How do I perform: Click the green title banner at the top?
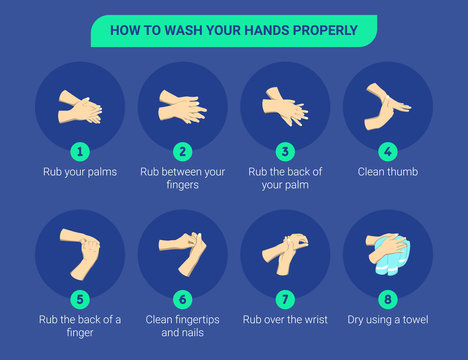click(x=233, y=30)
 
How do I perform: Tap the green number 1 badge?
click(x=79, y=151)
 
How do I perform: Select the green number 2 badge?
click(x=182, y=151)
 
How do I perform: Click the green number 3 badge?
click(x=285, y=151)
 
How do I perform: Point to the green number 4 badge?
click(x=388, y=151)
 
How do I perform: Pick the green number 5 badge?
click(x=79, y=298)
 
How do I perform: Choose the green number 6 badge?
click(x=182, y=298)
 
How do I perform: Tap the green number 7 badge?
click(x=285, y=298)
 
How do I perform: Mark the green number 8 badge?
click(x=388, y=298)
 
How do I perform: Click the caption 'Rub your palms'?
click(x=79, y=172)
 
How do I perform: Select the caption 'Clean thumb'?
click(x=388, y=172)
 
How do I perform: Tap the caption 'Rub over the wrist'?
click(x=285, y=319)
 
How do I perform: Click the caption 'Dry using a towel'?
click(x=388, y=319)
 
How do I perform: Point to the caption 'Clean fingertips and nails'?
click(x=182, y=326)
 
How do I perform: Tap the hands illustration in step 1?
click(x=79, y=106)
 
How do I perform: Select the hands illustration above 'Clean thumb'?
click(x=388, y=106)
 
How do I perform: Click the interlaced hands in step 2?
click(x=182, y=106)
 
